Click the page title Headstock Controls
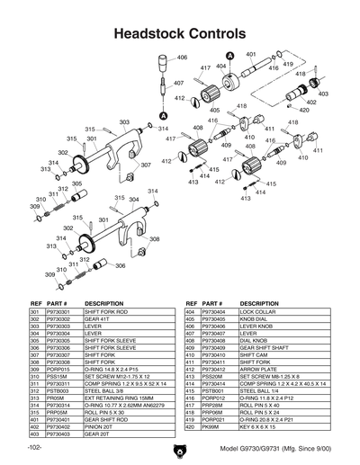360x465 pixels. click(x=179, y=31)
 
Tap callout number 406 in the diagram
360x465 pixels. click(x=182, y=58)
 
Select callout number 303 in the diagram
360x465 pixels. click(x=124, y=122)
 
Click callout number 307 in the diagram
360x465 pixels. click(x=146, y=165)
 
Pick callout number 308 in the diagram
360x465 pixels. click(x=154, y=239)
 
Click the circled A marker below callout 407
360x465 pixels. click(x=163, y=116)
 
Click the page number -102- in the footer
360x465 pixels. click(x=36, y=448)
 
